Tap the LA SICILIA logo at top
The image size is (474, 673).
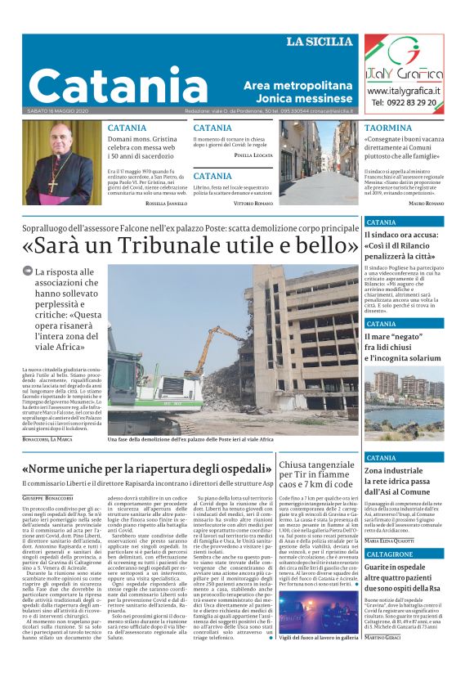[320, 42]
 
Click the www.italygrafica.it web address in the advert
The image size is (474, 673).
[405, 91]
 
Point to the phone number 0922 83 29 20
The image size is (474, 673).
[405, 103]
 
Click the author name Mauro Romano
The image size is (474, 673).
[426, 203]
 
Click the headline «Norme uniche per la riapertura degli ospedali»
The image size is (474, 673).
[147, 470]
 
